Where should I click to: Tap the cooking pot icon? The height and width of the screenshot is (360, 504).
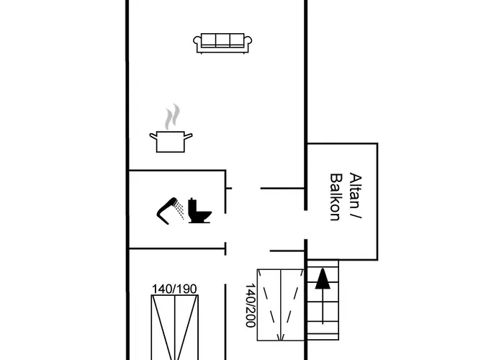click(171, 140)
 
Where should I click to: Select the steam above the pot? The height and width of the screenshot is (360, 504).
click(171, 117)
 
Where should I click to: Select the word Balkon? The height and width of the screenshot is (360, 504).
click(335, 197)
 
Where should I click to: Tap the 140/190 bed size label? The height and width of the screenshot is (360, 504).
click(174, 289)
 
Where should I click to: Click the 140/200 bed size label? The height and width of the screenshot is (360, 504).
click(250, 305)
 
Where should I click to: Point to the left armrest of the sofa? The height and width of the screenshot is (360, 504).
click(198, 45)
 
